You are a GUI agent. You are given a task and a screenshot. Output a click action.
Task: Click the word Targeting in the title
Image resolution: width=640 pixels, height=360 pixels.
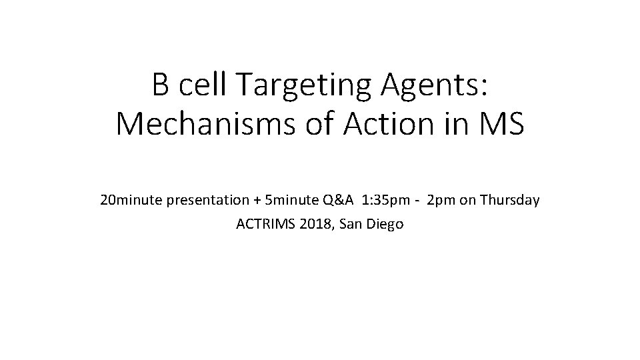click(x=307, y=85)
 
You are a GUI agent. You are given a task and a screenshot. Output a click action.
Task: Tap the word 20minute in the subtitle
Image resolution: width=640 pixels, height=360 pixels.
click(x=128, y=200)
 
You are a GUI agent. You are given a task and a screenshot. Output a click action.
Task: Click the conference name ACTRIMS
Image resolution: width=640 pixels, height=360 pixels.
click(x=266, y=224)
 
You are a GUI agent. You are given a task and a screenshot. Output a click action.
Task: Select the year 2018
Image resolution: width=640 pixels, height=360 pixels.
click(x=317, y=224)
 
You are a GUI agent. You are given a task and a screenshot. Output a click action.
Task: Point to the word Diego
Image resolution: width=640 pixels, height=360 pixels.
click(x=385, y=224)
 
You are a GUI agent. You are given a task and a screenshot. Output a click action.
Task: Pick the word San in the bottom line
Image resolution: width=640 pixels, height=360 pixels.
click(x=351, y=224)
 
